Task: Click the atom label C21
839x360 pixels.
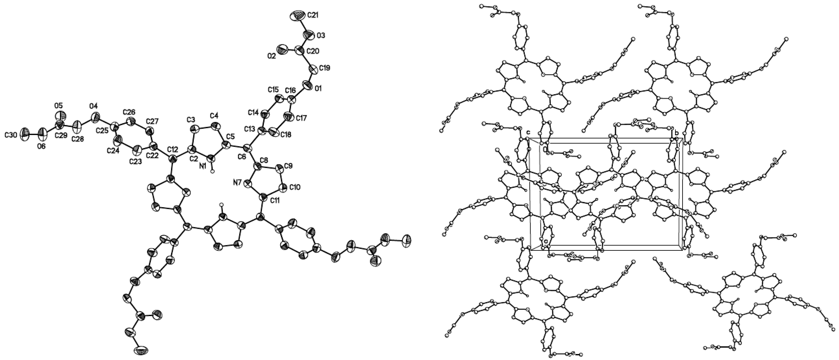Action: click(x=312, y=15)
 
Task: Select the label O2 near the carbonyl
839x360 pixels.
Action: click(x=272, y=56)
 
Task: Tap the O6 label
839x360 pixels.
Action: click(x=41, y=146)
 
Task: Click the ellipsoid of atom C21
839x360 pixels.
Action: click(x=297, y=16)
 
